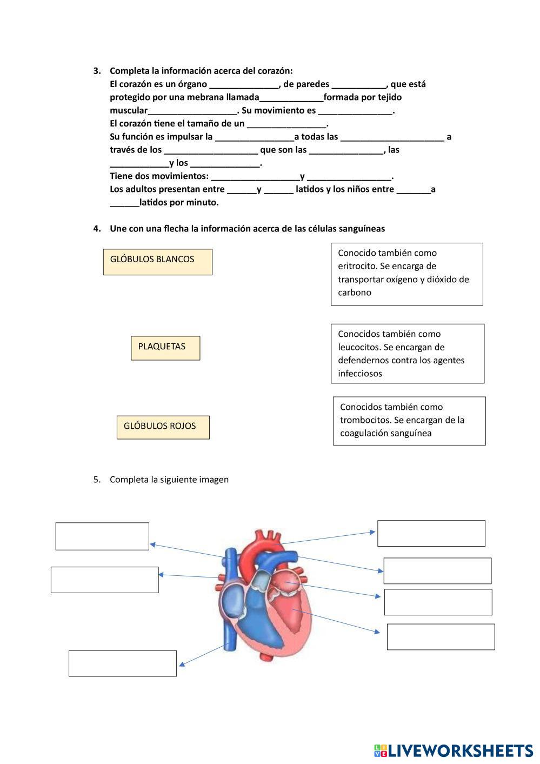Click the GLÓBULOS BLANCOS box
pyautogui.click(x=157, y=262)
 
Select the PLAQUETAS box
pyautogui.click(x=165, y=348)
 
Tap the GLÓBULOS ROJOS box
pyautogui.click(x=163, y=427)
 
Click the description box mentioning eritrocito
pyautogui.click(x=406, y=274)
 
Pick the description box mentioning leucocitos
pyautogui.click(x=407, y=354)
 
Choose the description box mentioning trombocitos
pyautogui.click(x=409, y=421)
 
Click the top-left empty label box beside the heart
pyautogui.click(x=102, y=536)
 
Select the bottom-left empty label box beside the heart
pyautogui.click(x=122, y=663)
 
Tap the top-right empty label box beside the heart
pyautogui.click(x=431, y=533)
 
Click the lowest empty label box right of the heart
pyautogui.click(x=441, y=636)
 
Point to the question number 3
pyautogui.click(x=97, y=71)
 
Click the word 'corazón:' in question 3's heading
pyautogui.click(x=276, y=71)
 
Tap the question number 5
pyautogui.click(x=97, y=480)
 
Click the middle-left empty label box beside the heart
pyautogui.click(x=104, y=580)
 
